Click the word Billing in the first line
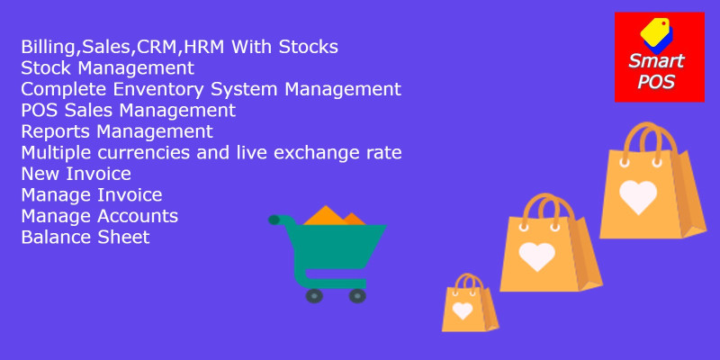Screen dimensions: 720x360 pos(46,48)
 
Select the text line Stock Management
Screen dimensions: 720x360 pos(107,68)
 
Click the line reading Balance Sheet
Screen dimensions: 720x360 pos(85,237)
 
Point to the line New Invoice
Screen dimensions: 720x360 pos(76,174)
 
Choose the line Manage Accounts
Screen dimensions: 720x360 pos(100,216)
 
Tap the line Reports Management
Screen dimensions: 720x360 pos(117,131)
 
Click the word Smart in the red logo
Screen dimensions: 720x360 pos(657,60)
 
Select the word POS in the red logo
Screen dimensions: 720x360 pos(656,82)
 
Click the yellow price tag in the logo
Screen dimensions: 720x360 pos(656,31)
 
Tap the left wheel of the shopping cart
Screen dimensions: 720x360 pos(314,296)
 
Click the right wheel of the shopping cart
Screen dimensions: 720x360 pos(357,296)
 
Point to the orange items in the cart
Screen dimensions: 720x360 pos(334,216)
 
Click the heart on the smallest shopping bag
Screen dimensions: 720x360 pos(463,310)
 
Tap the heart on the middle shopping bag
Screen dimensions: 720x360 pos(536,256)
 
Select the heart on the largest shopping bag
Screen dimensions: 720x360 pos(638,196)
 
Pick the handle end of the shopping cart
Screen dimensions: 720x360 pos(274,220)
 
